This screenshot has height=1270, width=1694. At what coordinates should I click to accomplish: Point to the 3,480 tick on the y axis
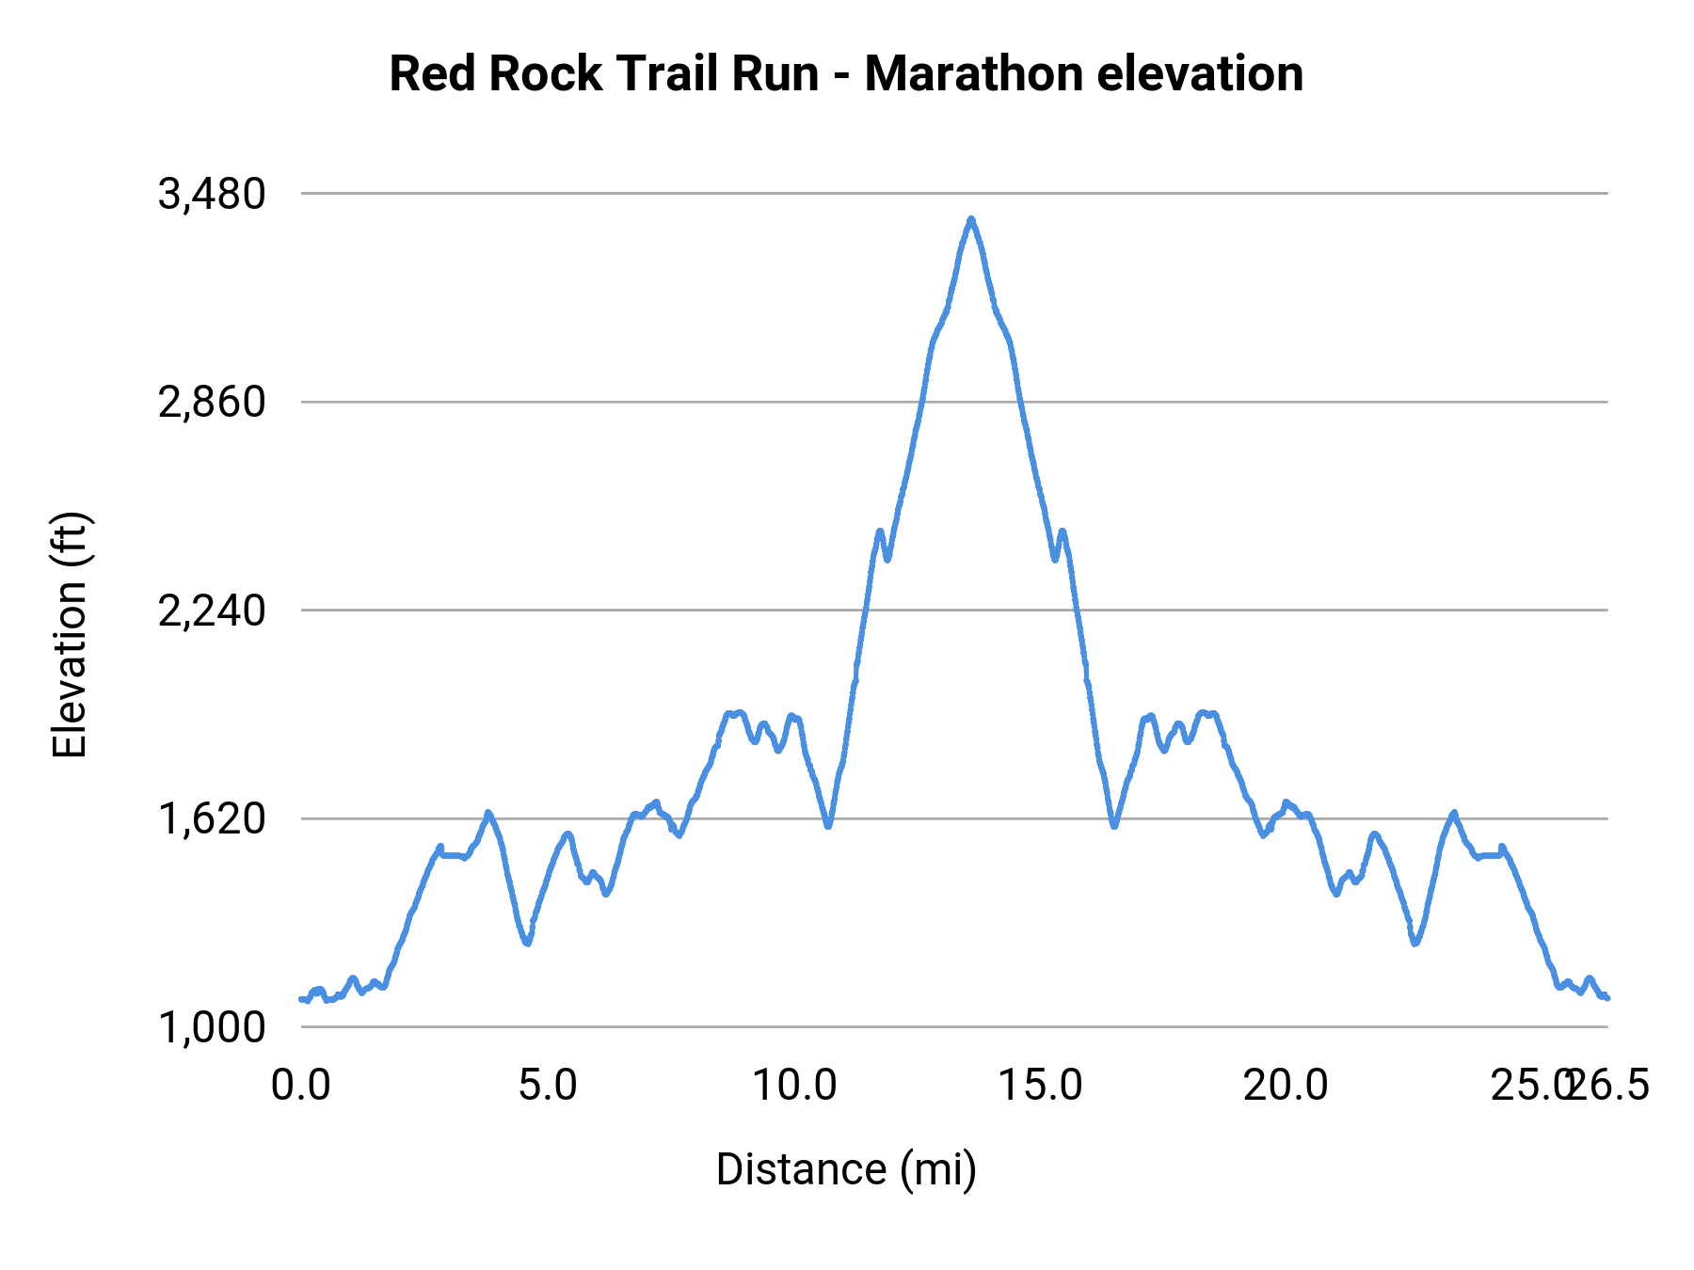click(213, 195)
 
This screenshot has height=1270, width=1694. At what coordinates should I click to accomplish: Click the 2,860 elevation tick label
click(213, 403)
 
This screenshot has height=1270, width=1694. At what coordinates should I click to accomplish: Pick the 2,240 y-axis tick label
click(213, 611)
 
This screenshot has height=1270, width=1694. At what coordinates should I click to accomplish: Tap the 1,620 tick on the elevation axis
click(213, 819)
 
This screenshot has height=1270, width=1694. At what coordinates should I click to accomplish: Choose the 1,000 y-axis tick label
click(213, 1028)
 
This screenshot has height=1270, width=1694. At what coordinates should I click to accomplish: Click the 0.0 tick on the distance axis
click(301, 1086)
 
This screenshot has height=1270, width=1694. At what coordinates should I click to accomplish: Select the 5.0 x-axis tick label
click(548, 1086)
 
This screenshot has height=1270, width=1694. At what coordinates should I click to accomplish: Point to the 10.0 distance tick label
click(794, 1086)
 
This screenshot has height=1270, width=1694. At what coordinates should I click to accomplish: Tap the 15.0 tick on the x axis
click(1040, 1086)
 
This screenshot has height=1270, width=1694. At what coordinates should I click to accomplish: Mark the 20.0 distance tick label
click(1286, 1086)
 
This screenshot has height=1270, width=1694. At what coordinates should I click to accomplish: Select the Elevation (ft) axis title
click(70, 635)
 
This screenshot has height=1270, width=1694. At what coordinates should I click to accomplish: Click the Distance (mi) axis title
click(846, 1169)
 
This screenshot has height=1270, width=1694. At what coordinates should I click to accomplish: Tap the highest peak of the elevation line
click(971, 219)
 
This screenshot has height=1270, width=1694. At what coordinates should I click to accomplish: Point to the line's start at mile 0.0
click(301, 999)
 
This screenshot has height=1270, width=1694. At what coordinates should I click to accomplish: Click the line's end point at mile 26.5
click(1607, 998)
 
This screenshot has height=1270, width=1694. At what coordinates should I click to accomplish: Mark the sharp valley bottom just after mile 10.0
click(828, 826)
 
